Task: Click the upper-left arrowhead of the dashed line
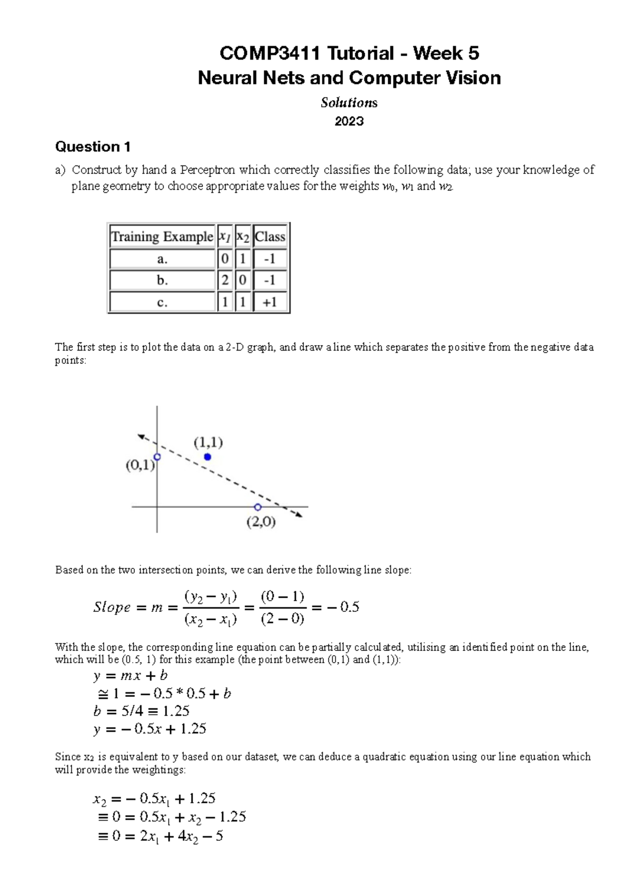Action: pos(141,436)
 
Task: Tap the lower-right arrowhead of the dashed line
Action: pos(299,515)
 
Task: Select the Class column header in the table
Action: pos(270,237)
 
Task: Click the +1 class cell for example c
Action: pos(270,303)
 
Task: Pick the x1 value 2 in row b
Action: pos(225,280)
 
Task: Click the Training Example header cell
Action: pos(162,237)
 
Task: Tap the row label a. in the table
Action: pos(162,259)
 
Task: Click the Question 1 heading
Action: pos(93,147)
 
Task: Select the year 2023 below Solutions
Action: pos(349,121)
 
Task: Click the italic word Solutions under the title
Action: pos(349,103)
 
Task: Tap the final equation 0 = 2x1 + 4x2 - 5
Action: pos(161,836)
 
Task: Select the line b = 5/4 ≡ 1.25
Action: pos(141,711)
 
